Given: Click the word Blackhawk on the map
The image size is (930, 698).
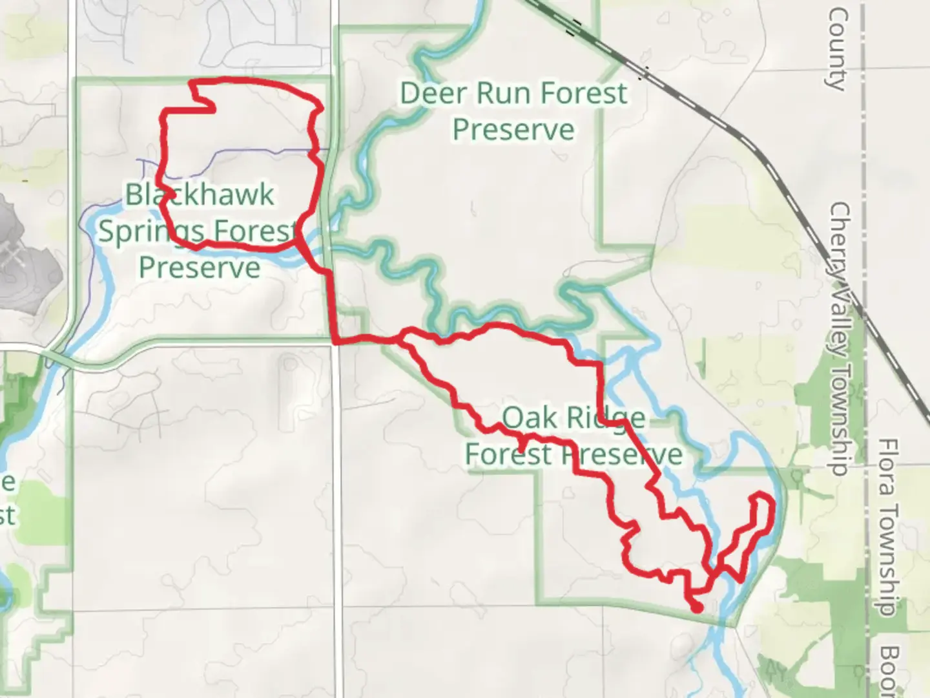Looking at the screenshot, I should click(x=200, y=195).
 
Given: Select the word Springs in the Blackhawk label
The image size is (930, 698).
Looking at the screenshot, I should click(x=151, y=231).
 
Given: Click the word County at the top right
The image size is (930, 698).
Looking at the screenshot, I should click(x=837, y=48).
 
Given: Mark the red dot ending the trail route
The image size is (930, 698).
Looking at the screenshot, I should click(x=697, y=608).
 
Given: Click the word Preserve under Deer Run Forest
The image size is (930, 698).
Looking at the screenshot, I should click(x=513, y=130).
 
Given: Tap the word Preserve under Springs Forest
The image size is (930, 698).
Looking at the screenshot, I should click(x=200, y=267).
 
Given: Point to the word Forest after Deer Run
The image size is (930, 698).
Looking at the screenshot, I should click(x=583, y=93).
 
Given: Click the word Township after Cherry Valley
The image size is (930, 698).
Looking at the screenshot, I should click(x=839, y=420).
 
